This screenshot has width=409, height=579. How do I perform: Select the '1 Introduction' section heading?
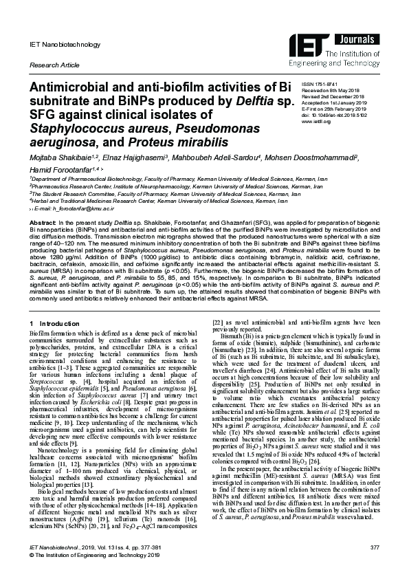54,323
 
